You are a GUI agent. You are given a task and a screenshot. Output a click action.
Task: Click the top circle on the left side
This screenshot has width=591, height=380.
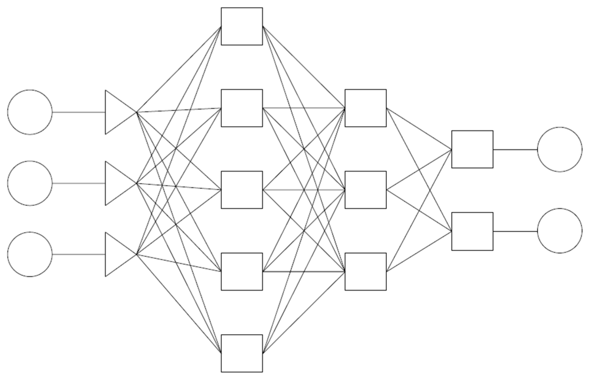[30, 112]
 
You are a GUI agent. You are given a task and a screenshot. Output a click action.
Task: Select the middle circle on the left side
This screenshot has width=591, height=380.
[30, 183]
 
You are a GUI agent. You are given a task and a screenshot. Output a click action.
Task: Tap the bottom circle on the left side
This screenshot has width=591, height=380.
[30, 254]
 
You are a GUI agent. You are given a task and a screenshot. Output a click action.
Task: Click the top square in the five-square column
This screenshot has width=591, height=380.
[242, 26]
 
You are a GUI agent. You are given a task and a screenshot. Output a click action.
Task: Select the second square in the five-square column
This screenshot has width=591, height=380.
[242, 108]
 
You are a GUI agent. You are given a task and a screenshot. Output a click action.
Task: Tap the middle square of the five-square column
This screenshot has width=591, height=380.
[242, 190]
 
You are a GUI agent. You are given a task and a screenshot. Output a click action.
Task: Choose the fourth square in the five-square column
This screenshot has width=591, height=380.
[242, 272]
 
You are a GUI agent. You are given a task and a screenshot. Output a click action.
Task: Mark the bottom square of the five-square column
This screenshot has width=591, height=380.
[242, 353]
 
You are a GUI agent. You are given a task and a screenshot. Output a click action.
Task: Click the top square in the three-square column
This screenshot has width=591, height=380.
[365, 108]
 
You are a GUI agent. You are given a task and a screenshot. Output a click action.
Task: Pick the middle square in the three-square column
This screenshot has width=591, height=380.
[365, 190]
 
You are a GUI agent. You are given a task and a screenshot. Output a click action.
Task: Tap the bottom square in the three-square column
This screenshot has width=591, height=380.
[365, 272]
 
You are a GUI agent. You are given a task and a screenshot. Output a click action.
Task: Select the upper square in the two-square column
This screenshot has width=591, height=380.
[472, 149]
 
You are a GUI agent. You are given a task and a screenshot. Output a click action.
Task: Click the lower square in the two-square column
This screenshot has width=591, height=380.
[472, 231]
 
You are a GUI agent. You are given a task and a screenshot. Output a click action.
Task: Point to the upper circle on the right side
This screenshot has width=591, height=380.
[560, 149]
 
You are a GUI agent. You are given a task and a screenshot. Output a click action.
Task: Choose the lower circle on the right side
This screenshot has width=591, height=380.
[560, 231]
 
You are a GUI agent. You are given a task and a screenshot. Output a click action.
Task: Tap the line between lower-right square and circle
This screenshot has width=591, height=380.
[515, 232]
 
